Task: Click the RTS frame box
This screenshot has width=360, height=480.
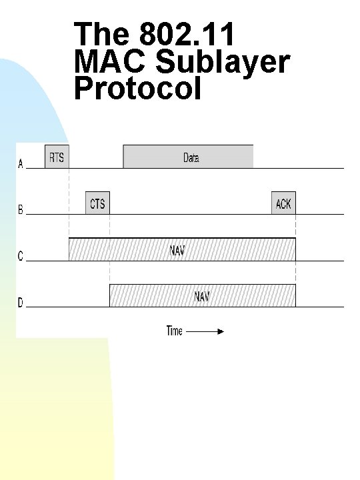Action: [x=57, y=157]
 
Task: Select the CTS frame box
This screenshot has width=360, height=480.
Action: [x=97, y=203]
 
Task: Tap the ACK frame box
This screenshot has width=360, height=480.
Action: [x=283, y=203]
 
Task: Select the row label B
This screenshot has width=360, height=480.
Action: [x=20, y=211]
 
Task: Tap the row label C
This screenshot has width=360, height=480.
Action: [x=20, y=257]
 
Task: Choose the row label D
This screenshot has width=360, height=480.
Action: [x=20, y=303]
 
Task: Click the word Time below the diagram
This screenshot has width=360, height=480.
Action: [x=174, y=331]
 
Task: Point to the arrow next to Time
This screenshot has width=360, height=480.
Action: [x=205, y=331]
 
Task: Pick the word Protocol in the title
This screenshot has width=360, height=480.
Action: [x=138, y=89]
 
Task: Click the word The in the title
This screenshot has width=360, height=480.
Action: [x=102, y=35]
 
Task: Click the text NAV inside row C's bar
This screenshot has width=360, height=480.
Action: [x=177, y=251]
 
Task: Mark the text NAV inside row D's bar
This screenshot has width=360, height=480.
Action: [x=202, y=297]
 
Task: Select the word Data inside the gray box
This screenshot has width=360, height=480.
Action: [x=191, y=158]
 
